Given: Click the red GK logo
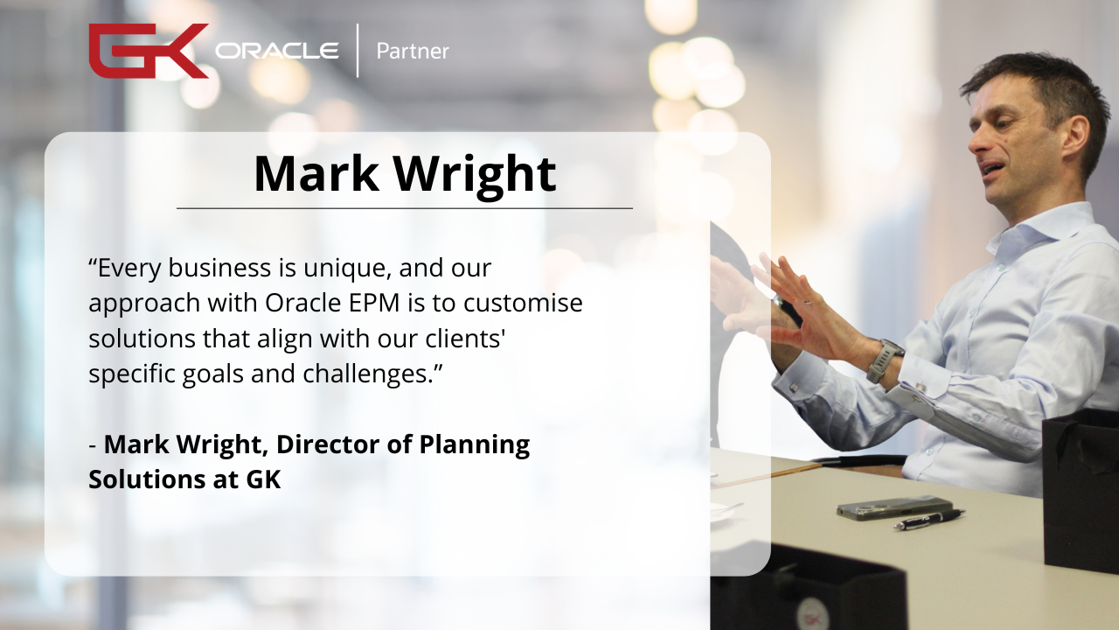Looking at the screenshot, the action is pos(149,51).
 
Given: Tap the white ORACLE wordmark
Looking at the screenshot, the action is pos(277,51).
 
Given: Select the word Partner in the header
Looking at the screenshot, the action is pos(413,51).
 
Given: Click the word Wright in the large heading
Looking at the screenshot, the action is pos(474,174).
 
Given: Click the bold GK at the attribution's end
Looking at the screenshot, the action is pos(263,479).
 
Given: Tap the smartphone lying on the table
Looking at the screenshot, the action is pos(894,507).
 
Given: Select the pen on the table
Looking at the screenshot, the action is pos(929,519).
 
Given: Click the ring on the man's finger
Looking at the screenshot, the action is pos(806,303).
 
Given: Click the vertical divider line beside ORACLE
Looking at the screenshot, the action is pos(358,51).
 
